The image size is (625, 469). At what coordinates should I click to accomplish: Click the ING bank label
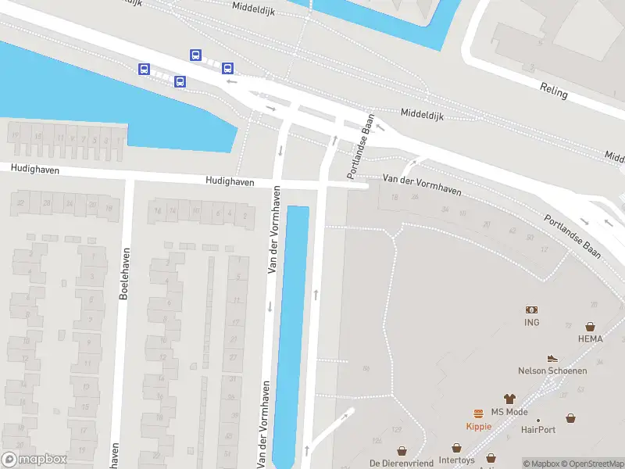[532, 322]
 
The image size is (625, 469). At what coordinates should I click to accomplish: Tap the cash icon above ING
[532, 310]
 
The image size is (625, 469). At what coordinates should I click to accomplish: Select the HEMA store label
[590, 338]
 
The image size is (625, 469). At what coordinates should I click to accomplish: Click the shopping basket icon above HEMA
[590, 327]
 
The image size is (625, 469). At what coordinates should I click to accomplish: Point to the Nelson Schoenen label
[552, 371]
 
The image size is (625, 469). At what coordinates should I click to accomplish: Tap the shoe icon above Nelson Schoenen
[552, 358]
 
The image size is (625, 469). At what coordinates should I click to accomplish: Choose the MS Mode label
[509, 412]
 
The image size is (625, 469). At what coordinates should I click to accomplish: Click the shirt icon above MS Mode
[509, 399]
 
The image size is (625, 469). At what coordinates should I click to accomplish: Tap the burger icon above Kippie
[477, 414]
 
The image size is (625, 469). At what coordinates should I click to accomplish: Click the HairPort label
[538, 430]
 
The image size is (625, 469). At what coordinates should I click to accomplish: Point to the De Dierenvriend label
[402, 463]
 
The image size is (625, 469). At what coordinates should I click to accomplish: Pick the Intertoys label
[457, 460]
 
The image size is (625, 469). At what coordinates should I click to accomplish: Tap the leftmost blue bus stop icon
[145, 69]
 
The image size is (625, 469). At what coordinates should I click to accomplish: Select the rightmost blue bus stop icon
[227, 68]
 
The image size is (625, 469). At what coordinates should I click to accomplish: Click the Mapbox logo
[34, 460]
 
